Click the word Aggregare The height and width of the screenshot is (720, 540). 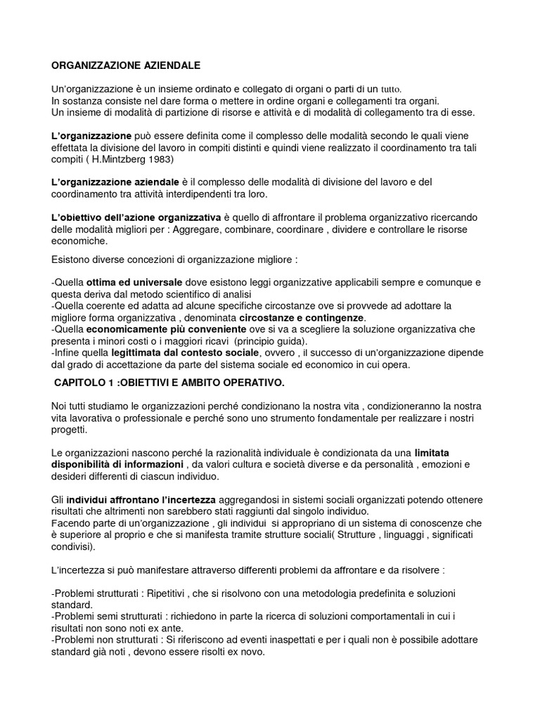tap(218, 229)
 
